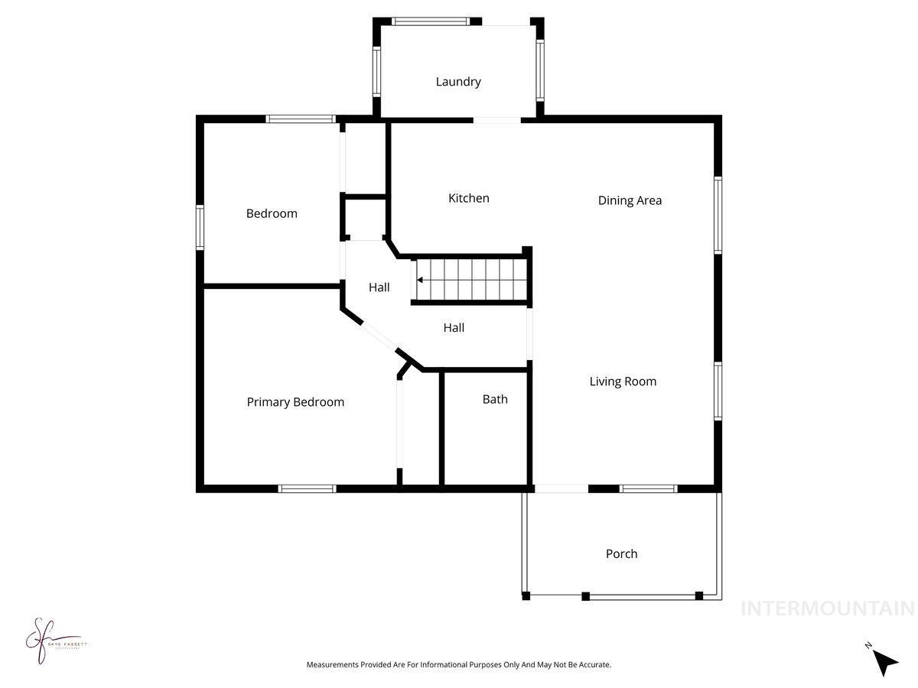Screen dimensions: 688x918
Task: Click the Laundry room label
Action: click(458, 82)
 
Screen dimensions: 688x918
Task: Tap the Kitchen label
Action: click(468, 198)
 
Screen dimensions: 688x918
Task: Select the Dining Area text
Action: click(630, 200)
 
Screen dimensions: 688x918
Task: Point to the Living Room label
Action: click(623, 381)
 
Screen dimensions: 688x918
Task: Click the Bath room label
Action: click(495, 399)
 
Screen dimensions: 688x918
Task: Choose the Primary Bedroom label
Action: click(295, 402)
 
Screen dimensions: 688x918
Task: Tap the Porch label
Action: click(621, 553)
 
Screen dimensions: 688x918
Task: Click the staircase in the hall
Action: click(470, 281)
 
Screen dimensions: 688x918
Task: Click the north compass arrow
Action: click(885, 661)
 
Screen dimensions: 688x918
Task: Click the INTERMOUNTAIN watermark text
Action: click(827, 608)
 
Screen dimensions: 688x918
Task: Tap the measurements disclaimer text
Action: click(459, 665)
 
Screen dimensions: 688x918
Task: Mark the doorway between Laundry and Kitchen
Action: click(496, 120)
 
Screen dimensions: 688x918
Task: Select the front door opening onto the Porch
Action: click(561, 488)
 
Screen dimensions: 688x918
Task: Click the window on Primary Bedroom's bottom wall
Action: click(307, 488)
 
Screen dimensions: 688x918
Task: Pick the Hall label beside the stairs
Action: click(379, 287)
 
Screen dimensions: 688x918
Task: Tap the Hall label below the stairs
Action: click(454, 328)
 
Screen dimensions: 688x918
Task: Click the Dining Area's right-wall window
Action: click(718, 214)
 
